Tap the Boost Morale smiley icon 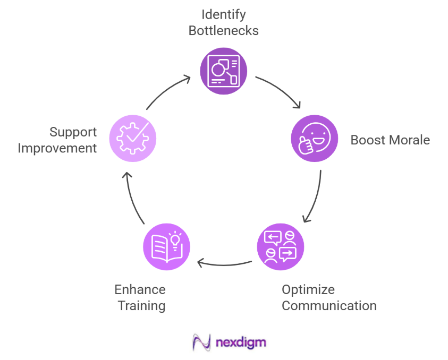(315, 139)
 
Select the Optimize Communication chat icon (280, 247)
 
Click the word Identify (224, 14)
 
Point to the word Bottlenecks (224, 30)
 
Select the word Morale (409, 140)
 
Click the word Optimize (308, 289)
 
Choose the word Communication (329, 306)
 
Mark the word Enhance (140, 289)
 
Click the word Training (141, 306)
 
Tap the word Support (73, 132)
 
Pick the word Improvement (57, 148)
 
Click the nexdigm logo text (241, 342)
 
